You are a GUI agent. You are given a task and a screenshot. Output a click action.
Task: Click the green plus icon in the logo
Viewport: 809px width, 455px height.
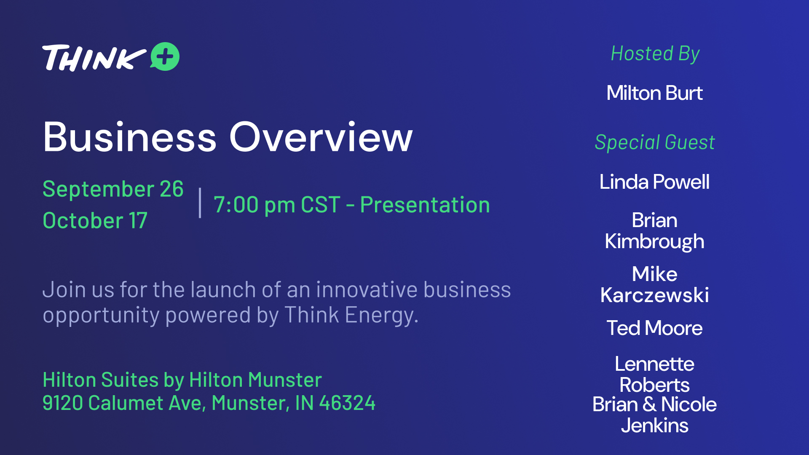click(x=165, y=56)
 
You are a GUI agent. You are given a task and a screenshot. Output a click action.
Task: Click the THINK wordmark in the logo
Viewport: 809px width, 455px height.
click(x=94, y=58)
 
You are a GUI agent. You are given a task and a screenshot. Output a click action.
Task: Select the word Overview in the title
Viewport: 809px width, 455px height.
click(x=321, y=137)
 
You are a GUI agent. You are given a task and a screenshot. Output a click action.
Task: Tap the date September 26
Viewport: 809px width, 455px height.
click(x=113, y=189)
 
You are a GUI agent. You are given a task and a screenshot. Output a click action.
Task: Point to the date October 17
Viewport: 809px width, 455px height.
click(x=95, y=220)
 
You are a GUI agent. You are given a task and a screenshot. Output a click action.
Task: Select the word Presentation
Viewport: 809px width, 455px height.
click(x=425, y=205)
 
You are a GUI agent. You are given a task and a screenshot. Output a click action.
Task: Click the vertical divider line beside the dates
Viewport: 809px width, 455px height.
click(x=200, y=203)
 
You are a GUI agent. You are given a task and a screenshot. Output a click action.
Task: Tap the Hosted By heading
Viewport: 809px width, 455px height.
click(x=655, y=54)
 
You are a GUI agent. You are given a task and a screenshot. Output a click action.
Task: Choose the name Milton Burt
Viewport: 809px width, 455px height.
click(x=654, y=93)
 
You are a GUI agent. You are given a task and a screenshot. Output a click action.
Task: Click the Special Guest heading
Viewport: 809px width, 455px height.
click(x=655, y=142)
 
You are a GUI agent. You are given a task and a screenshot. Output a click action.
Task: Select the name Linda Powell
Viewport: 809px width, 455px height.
click(x=654, y=182)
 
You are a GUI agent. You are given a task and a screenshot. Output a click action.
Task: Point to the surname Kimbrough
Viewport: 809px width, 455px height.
click(x=654, y=242)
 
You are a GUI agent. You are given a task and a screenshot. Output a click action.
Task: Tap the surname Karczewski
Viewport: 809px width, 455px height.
click(x=654, y=295)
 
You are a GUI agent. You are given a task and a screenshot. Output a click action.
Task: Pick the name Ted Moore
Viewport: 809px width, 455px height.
click(x=654, y=328)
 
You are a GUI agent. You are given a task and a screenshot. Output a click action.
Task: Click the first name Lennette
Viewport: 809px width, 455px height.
click(x=654, y=364)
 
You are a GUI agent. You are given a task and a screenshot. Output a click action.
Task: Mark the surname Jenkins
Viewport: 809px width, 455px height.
click(x=654, y=426)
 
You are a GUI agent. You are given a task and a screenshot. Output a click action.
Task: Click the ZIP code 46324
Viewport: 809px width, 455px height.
click(x=347, y=403)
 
